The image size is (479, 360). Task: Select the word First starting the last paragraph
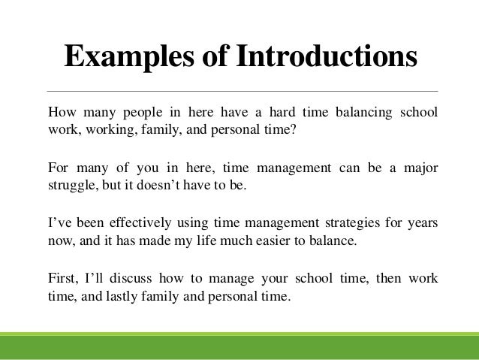(x=62, y=279)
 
